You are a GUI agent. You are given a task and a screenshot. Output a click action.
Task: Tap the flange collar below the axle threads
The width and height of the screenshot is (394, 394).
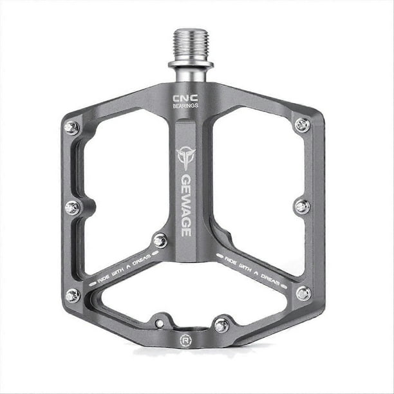tap(191, 64)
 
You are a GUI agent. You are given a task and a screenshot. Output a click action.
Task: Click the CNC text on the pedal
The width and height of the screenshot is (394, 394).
tap(185, 98)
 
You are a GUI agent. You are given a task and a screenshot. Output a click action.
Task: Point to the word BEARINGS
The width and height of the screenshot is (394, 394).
tap(185, 106)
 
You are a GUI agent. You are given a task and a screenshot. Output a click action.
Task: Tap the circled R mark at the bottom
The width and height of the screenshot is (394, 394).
tap(186, 341)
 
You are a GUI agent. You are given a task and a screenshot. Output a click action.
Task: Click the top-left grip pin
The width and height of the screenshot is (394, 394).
tap(71, 127)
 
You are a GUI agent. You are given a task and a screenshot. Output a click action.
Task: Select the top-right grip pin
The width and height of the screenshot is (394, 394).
tap(303, 125)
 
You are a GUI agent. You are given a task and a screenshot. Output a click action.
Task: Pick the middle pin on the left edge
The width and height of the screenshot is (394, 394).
tap(73, 208)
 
